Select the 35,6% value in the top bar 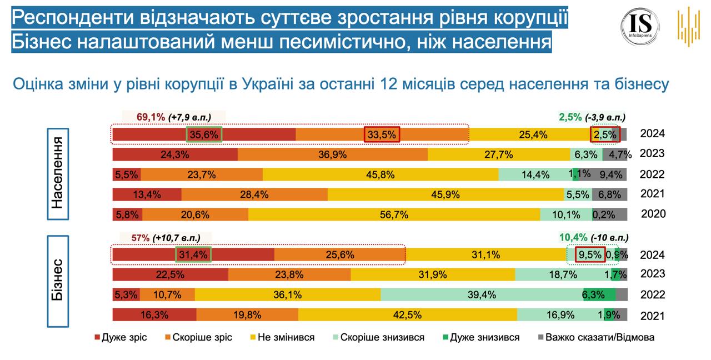(x=203, y=134)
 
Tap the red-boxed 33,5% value (x=382, y=134)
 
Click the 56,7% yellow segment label (x=394, y=214)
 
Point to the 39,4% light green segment (x=481, y=294)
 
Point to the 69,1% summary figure (x=151, y=117)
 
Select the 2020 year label (x=653, y=214)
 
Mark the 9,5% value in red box (x=589, y=255)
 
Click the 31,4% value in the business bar (x=194, y=255)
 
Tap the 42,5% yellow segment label (x=407, y=314)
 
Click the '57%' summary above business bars (x=141, y=238)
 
